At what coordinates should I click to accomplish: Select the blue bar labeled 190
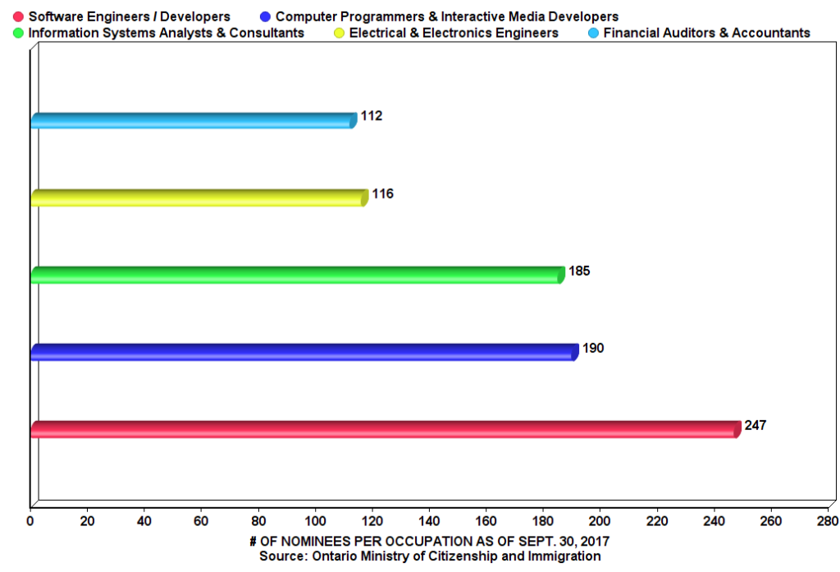click(304, 352)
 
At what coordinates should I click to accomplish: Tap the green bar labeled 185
click(296, 275)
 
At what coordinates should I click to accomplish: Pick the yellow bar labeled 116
click(198, 198)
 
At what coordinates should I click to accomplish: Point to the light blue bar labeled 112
click(192, 121)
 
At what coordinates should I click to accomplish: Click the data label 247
click(755, 426)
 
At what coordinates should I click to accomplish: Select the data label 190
click(593, 349)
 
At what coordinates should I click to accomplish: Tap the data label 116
click(382, 194)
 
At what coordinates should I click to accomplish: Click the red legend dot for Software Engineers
click(18, 16)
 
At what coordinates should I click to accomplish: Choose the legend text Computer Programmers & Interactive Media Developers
click(447, 16)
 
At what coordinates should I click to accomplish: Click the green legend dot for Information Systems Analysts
click(18, 33)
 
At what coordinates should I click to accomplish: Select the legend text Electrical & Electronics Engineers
click(454, 33)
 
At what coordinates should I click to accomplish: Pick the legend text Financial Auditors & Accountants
click(706, 33)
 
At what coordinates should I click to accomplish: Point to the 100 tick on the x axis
click(315, 519)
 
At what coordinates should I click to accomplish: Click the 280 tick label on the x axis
click(827, 519)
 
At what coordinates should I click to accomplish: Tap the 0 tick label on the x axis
click(30, 519)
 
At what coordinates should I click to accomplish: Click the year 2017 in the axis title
click(594, 542)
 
